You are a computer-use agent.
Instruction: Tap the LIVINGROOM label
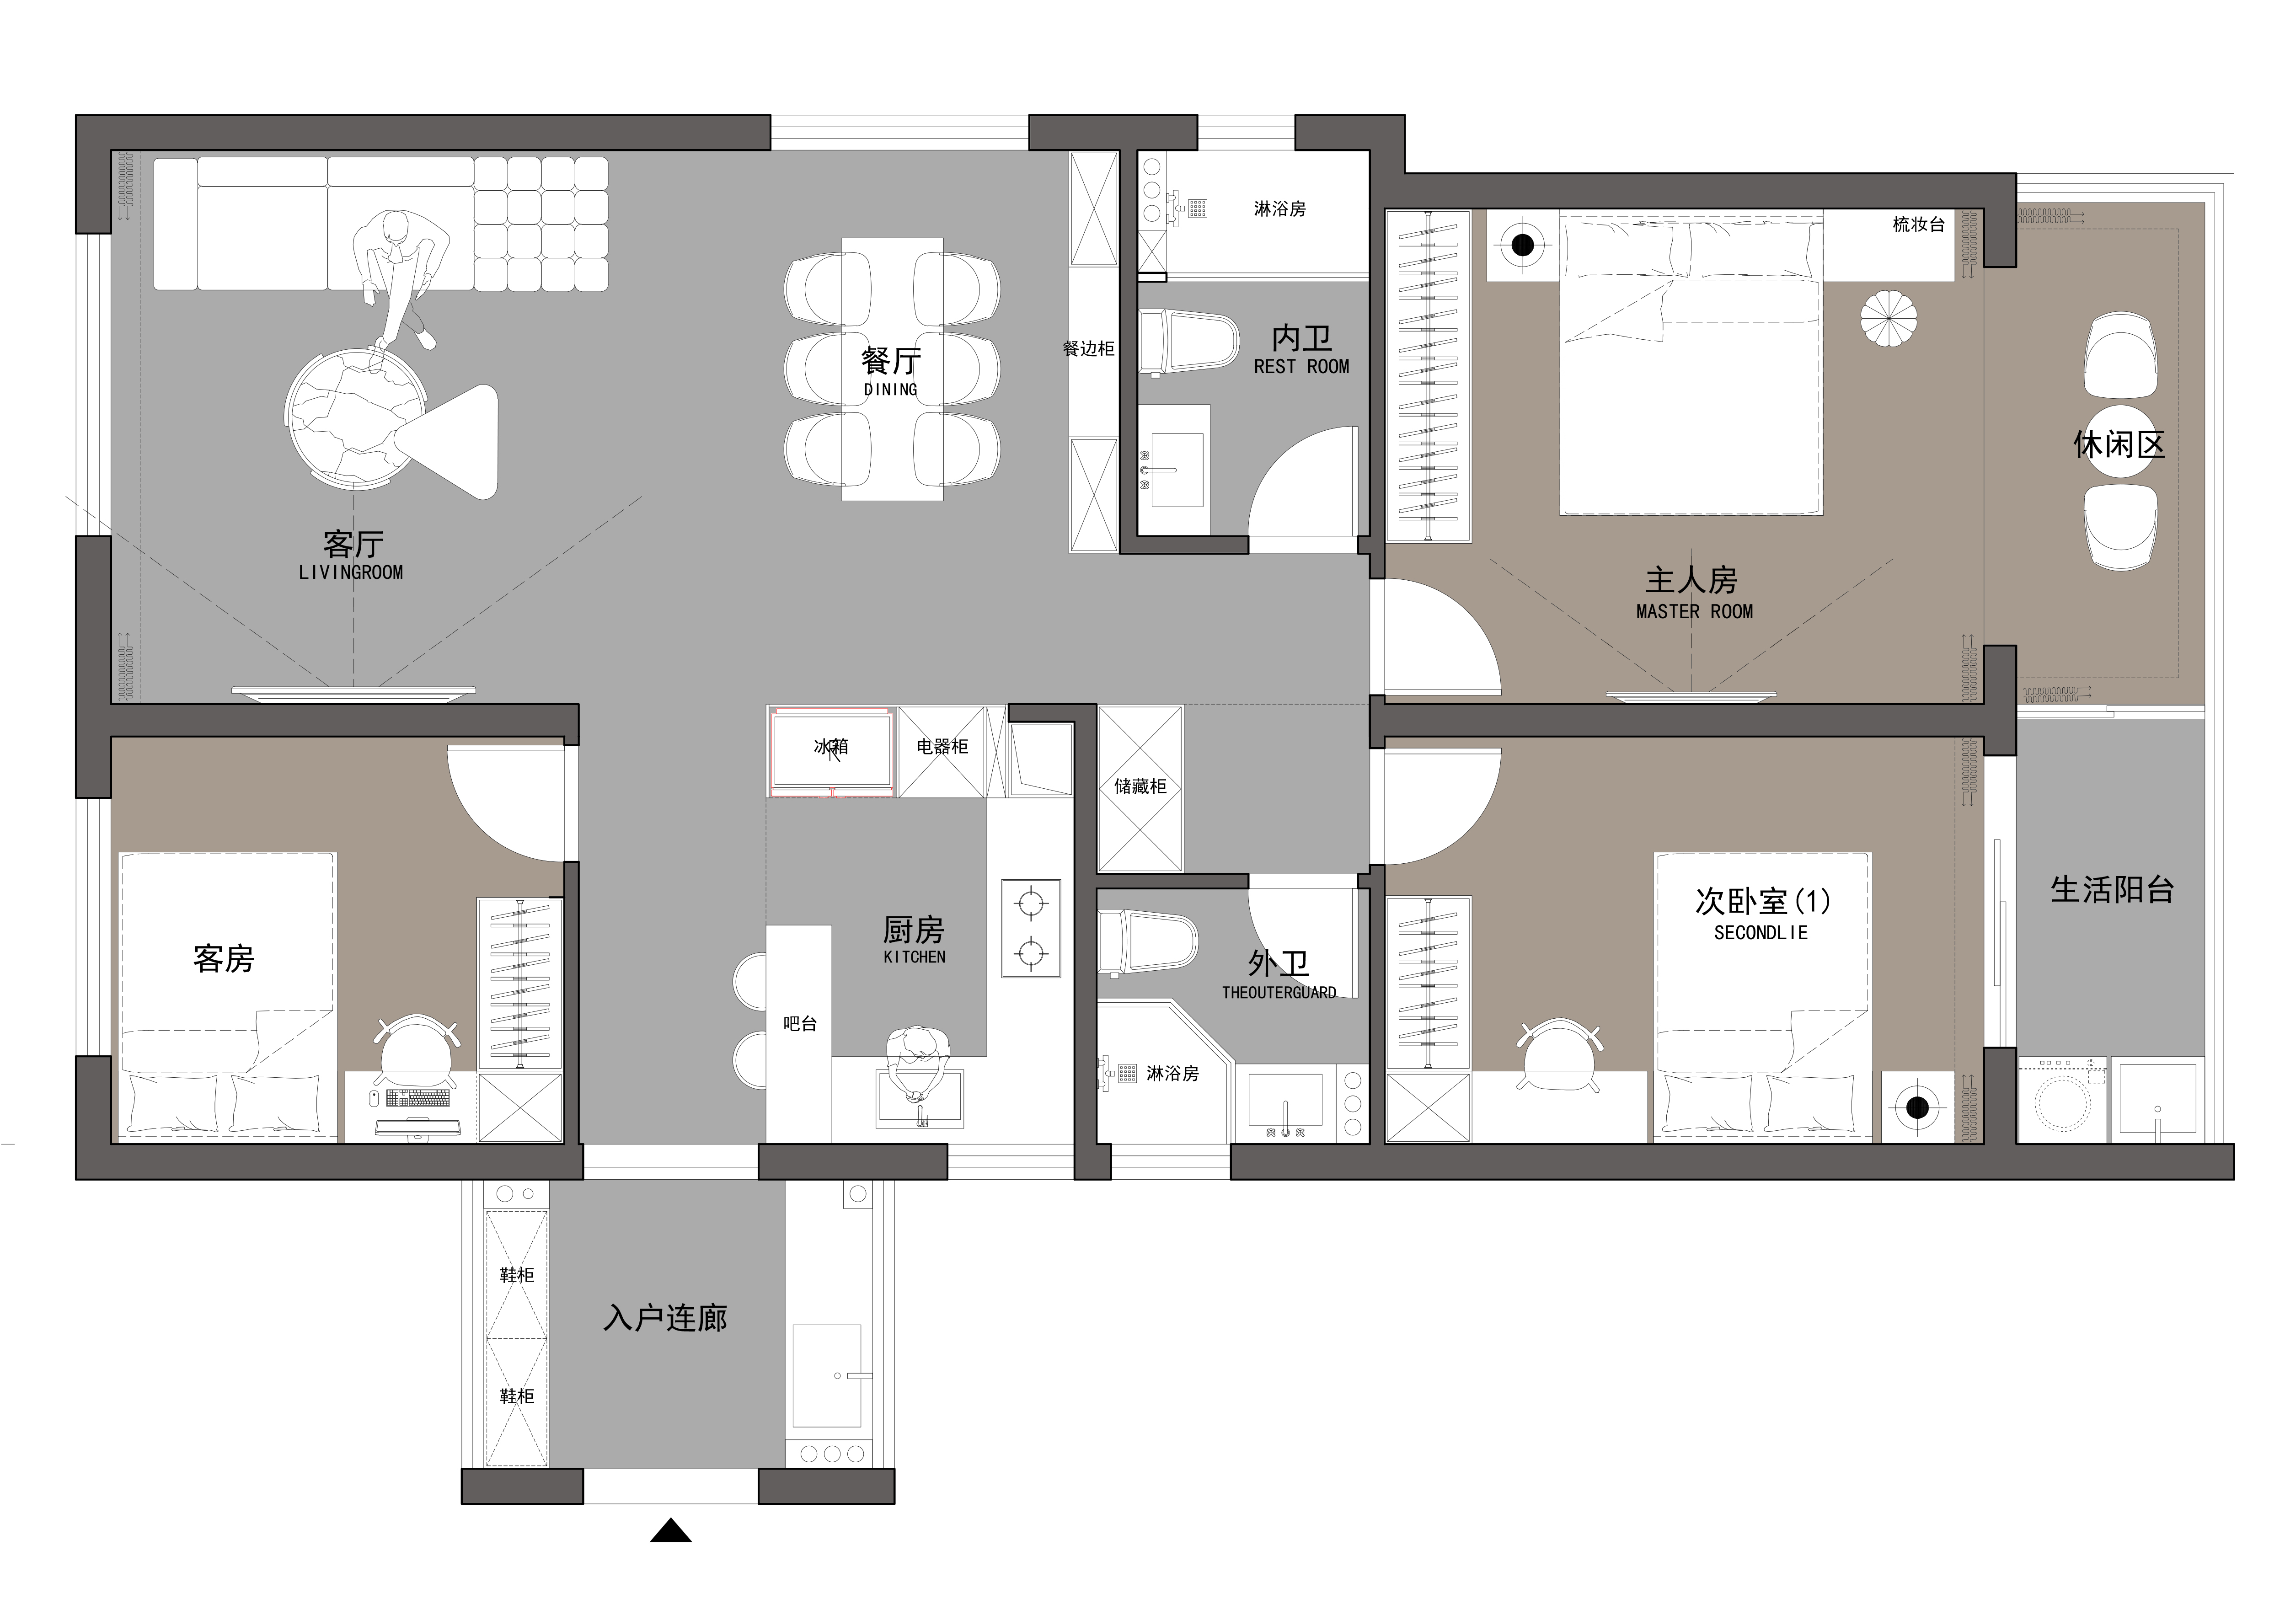(x=351, y=572)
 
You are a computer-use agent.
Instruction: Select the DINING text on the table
(x=890, y=390)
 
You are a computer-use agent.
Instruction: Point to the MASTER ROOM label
(x=1694, y=612)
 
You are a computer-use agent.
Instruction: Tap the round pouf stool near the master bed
(x=1889, y=318)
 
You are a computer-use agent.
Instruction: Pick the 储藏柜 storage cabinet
(x=1140, y=788)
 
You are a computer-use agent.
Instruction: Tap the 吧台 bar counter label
(x=799, y=1024)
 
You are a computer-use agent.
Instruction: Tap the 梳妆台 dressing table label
(x=1918, y=225)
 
